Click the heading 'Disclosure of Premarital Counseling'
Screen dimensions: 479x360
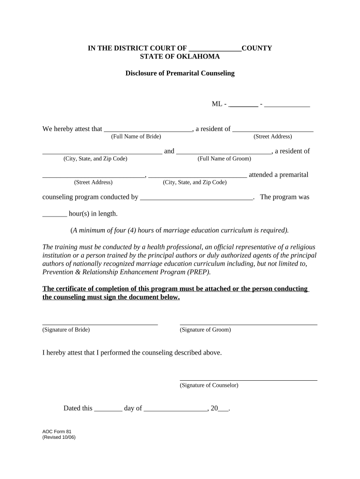pos(180,73)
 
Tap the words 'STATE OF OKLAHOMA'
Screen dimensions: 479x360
pos(180,57)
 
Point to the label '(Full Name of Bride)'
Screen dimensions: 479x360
pos(136,137)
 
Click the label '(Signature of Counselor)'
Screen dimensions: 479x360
pos(209,385)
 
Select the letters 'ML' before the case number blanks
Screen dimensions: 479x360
pos(217,104)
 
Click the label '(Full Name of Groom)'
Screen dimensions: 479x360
pos(224,159)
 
